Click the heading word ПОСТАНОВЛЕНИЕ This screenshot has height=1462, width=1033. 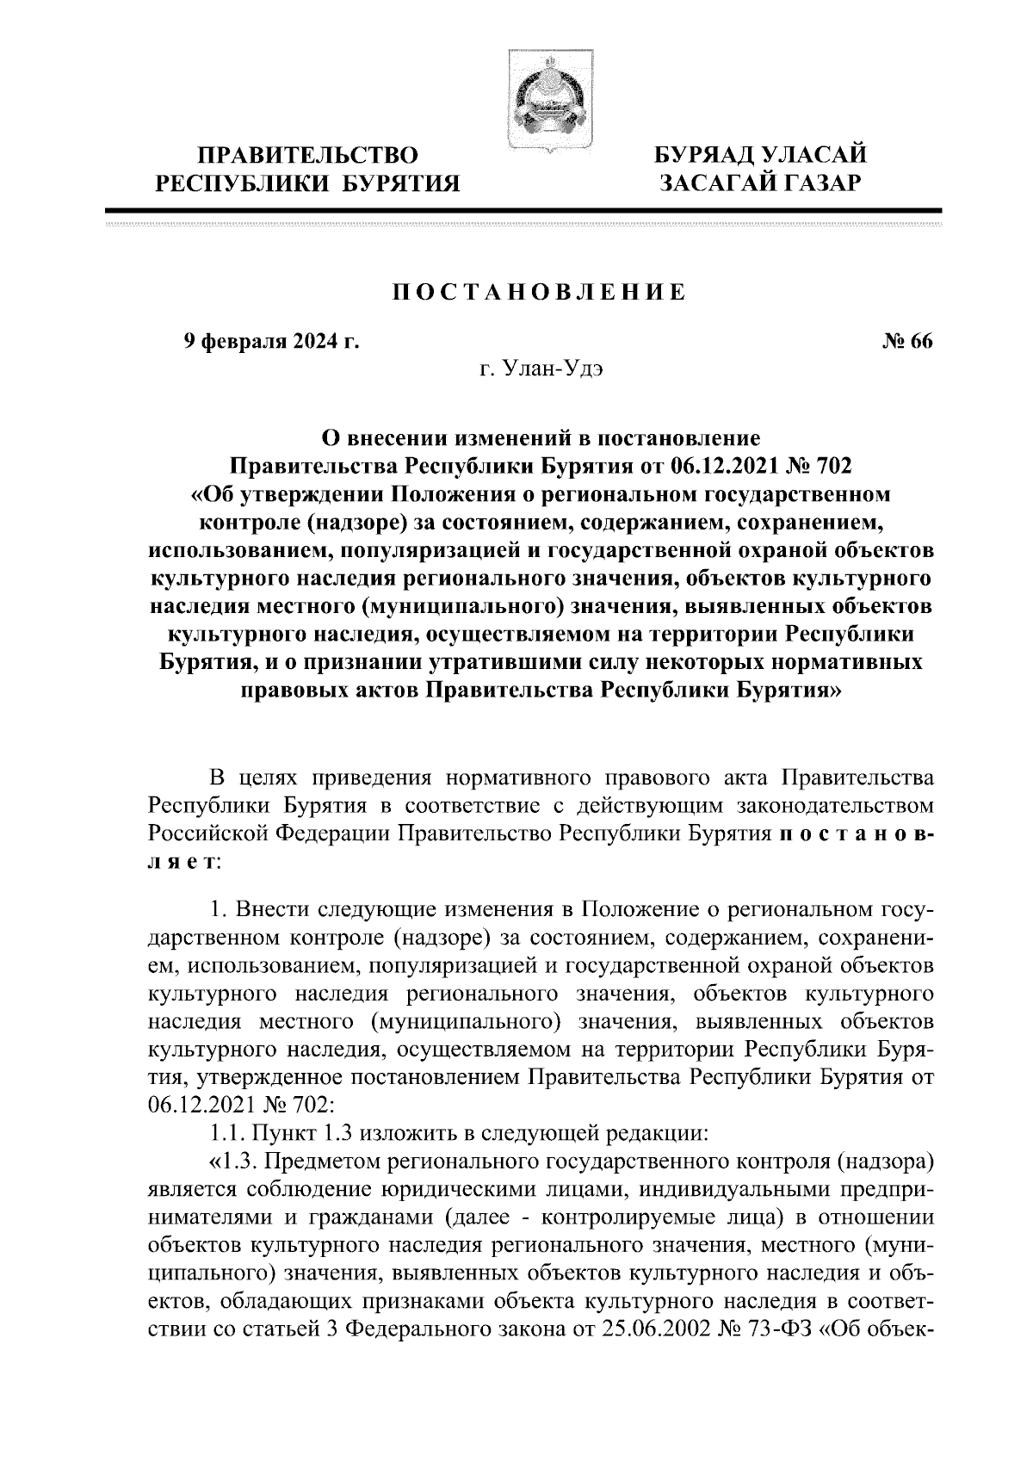click(x=540, y=292)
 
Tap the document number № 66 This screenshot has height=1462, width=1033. click(x=906, y=342)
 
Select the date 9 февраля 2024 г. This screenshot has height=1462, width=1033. click(x=271, y=342)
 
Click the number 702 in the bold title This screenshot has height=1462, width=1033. click(x=832, y=467)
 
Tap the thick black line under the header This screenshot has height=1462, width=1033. click(x=523, y=210)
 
